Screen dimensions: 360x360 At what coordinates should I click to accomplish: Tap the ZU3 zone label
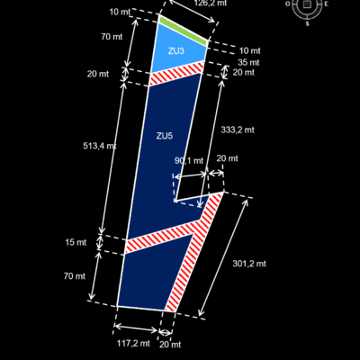click(175, 51)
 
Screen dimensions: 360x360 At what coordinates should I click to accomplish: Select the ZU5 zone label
click(165, 136)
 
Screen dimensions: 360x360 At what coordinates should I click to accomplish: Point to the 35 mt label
click(248, 62)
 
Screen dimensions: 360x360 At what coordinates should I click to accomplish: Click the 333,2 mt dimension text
click(238, 130)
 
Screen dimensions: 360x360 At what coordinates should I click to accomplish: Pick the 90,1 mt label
click(189, 161)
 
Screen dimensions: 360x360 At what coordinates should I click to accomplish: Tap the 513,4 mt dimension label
click(99, 146)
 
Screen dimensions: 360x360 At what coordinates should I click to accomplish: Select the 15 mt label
click(76, 242)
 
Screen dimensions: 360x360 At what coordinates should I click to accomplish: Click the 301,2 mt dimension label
click(249, 264)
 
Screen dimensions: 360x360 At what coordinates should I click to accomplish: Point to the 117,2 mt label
click(133, 343)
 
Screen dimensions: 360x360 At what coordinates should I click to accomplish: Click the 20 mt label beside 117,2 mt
click(170, 345)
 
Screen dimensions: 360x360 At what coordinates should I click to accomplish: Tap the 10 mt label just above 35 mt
click(250, 50)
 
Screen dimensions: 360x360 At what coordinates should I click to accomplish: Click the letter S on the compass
click(307, 24)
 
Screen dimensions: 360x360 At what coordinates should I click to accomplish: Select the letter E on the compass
click(327, 4)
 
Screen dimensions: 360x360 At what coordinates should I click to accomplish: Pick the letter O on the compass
click(287, 4)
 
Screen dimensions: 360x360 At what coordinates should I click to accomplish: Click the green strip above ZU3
click(183, 31)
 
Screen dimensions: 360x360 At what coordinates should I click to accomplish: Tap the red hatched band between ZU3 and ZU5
click(176, 73)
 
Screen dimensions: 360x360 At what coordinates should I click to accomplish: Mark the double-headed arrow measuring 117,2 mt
click(136, 328)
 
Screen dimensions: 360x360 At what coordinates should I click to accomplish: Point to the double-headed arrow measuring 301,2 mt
click(223, 257)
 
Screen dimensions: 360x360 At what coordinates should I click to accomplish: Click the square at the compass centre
click(306, 4)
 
